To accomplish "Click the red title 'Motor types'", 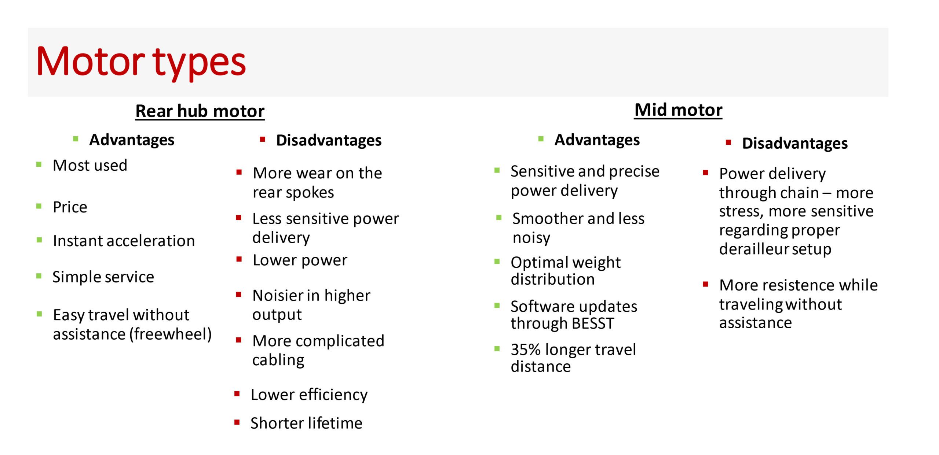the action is point(141,62).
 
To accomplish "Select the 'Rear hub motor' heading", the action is point(200,111).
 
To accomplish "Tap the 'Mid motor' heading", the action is point(678,110).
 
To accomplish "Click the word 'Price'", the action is point(70,207).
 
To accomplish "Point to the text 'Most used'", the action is point(90,165).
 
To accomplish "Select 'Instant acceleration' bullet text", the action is point(124,241).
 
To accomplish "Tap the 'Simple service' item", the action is point(103,277).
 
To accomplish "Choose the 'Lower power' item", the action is point(300,260).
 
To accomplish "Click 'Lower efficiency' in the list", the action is point(309,395).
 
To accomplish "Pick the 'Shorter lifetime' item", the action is point(306,423).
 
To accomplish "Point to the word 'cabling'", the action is point(278,360).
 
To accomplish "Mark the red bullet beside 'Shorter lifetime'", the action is point(237,422).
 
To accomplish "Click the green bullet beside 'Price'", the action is point(39,206).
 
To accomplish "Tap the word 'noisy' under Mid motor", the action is point(531,238).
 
